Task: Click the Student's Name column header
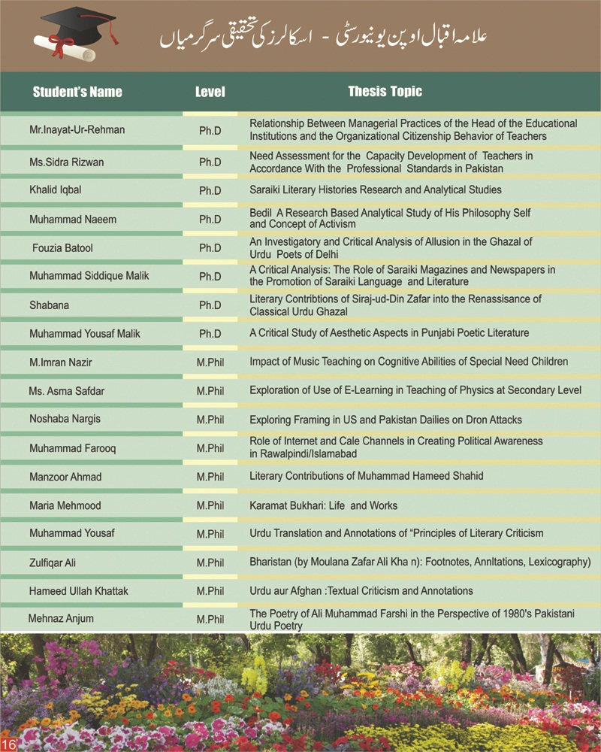(77, 92)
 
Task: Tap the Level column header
(210, 92)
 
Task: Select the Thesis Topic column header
(385, 92)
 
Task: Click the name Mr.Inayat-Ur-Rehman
(77, 130)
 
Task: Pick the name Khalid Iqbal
(55, 190)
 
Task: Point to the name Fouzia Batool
(62, 247)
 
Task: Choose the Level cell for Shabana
(210, 305)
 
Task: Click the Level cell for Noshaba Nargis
(210, 420)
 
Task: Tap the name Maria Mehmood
(65, 505)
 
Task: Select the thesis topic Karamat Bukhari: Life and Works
(323, 505)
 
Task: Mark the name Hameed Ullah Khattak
(78, 591)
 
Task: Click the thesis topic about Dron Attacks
(385, 420)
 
